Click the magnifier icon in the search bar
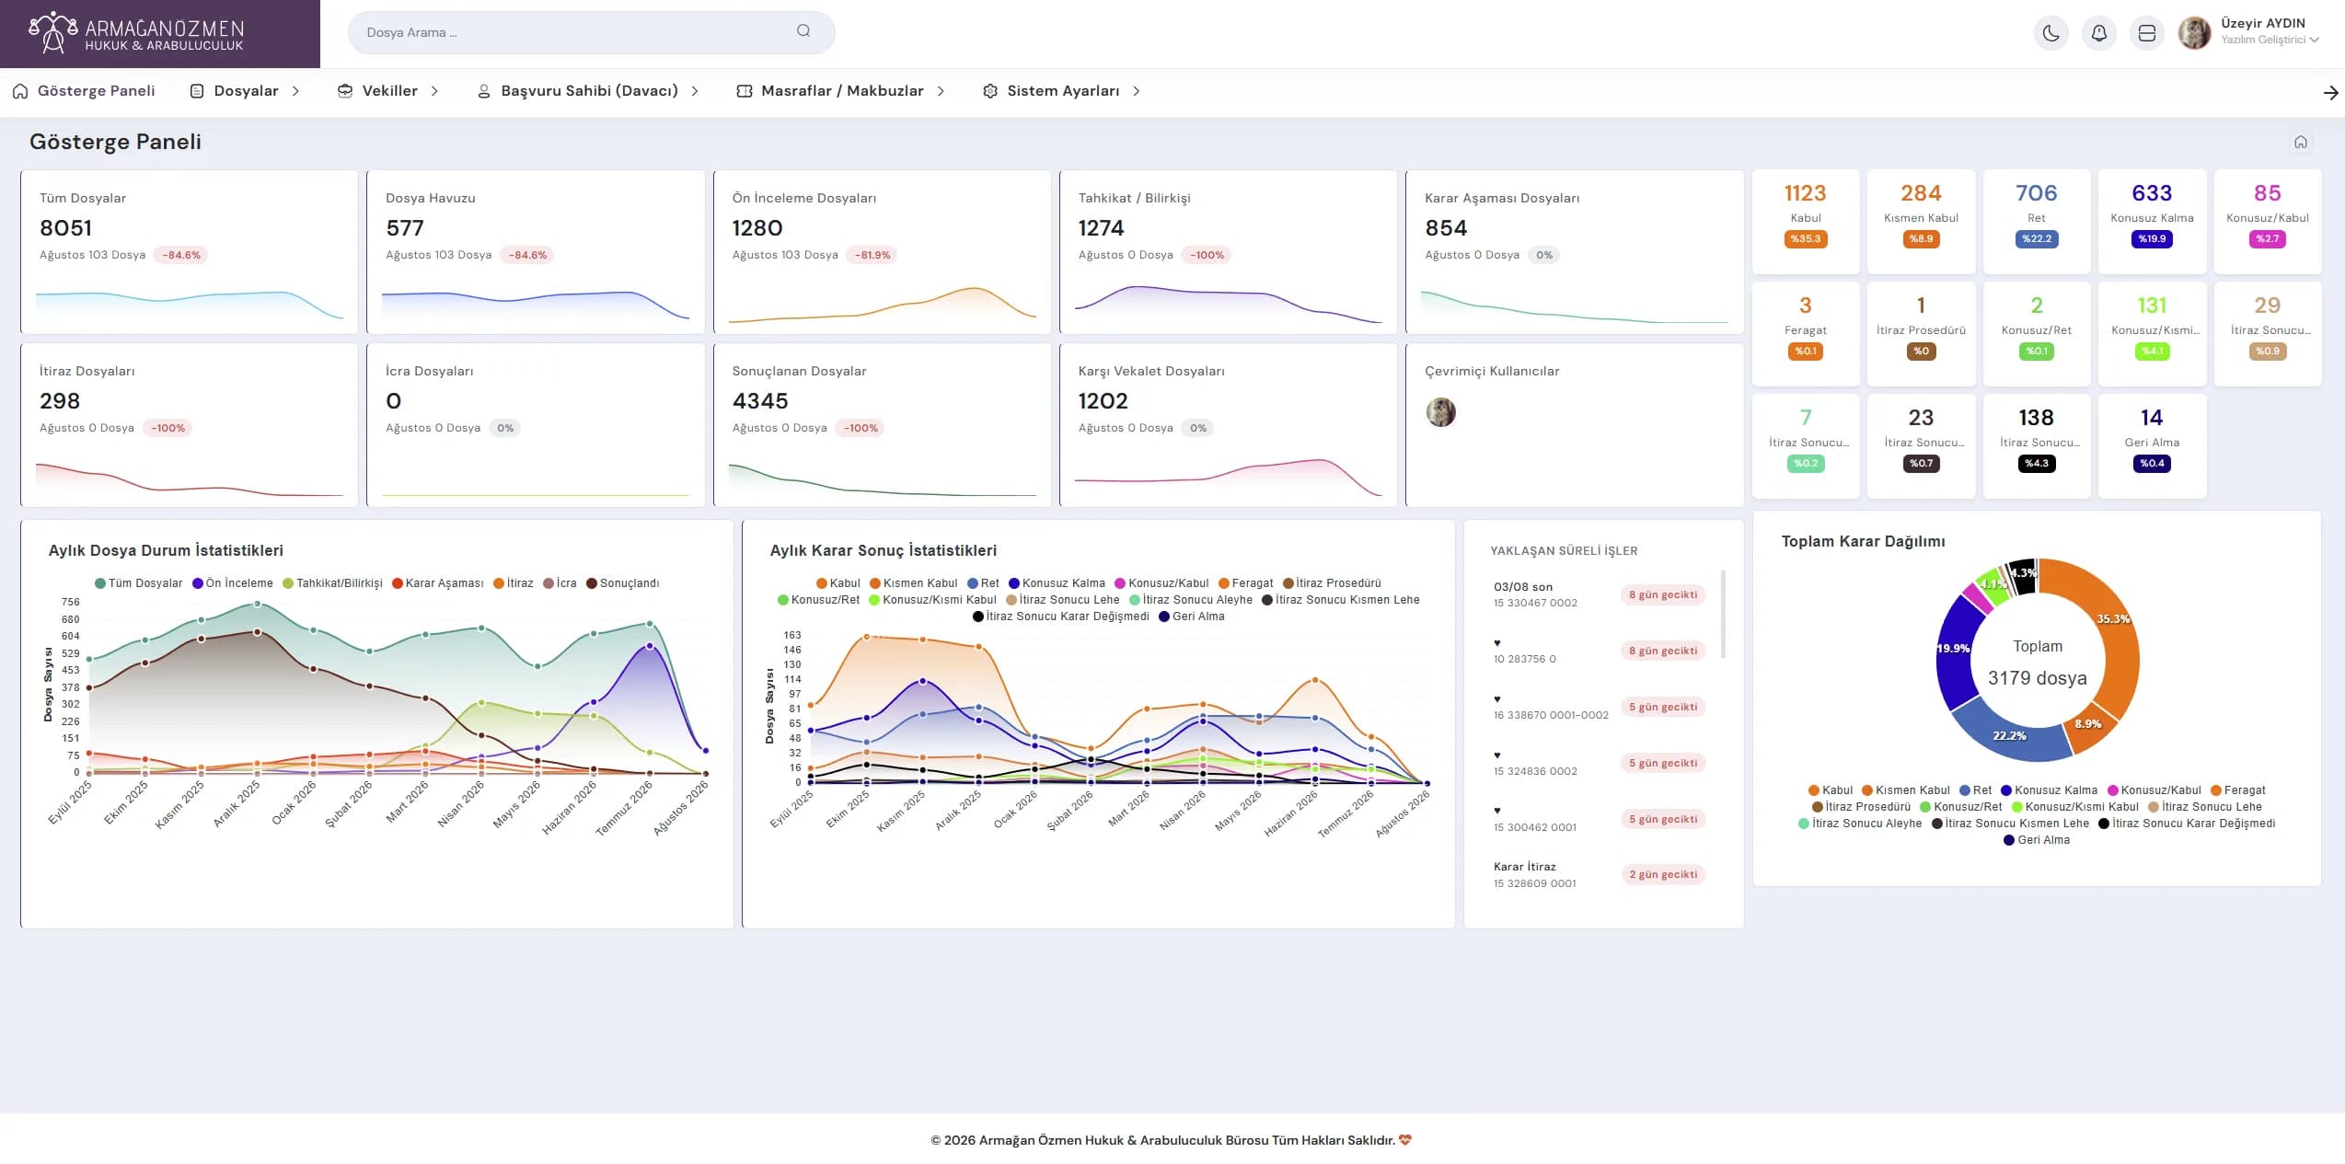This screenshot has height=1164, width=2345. pos(803,31)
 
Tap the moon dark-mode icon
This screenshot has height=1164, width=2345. pos(2050,33)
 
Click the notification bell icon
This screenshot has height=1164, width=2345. pos(2098,33)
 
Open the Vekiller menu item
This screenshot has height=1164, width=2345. pos(389,91)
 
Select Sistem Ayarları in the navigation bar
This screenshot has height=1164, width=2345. pos(1063,91)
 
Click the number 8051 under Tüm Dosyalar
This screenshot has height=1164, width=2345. pos(65,228)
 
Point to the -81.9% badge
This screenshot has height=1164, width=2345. pos(872,255)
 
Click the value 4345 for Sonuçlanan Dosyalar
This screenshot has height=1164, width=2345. pos(760,401)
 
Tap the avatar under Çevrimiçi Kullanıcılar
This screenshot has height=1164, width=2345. pos(1440,412)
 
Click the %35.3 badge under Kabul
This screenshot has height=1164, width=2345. pos(1805,239)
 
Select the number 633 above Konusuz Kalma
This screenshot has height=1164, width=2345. pos(2151,193)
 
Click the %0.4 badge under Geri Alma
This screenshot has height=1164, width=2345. pos(2151,464)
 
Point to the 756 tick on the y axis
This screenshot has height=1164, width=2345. pos(71,602)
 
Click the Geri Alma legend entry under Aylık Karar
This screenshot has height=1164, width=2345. pos(1192,617)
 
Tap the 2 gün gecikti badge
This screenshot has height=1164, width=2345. pos(1663,874)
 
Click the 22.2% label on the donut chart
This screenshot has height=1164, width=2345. pos(2009,736)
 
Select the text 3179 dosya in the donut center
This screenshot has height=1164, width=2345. pos(2037,678)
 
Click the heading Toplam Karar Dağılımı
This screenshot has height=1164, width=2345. pos(1863,541)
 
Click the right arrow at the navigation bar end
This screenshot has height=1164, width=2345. pos(2330,92)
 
